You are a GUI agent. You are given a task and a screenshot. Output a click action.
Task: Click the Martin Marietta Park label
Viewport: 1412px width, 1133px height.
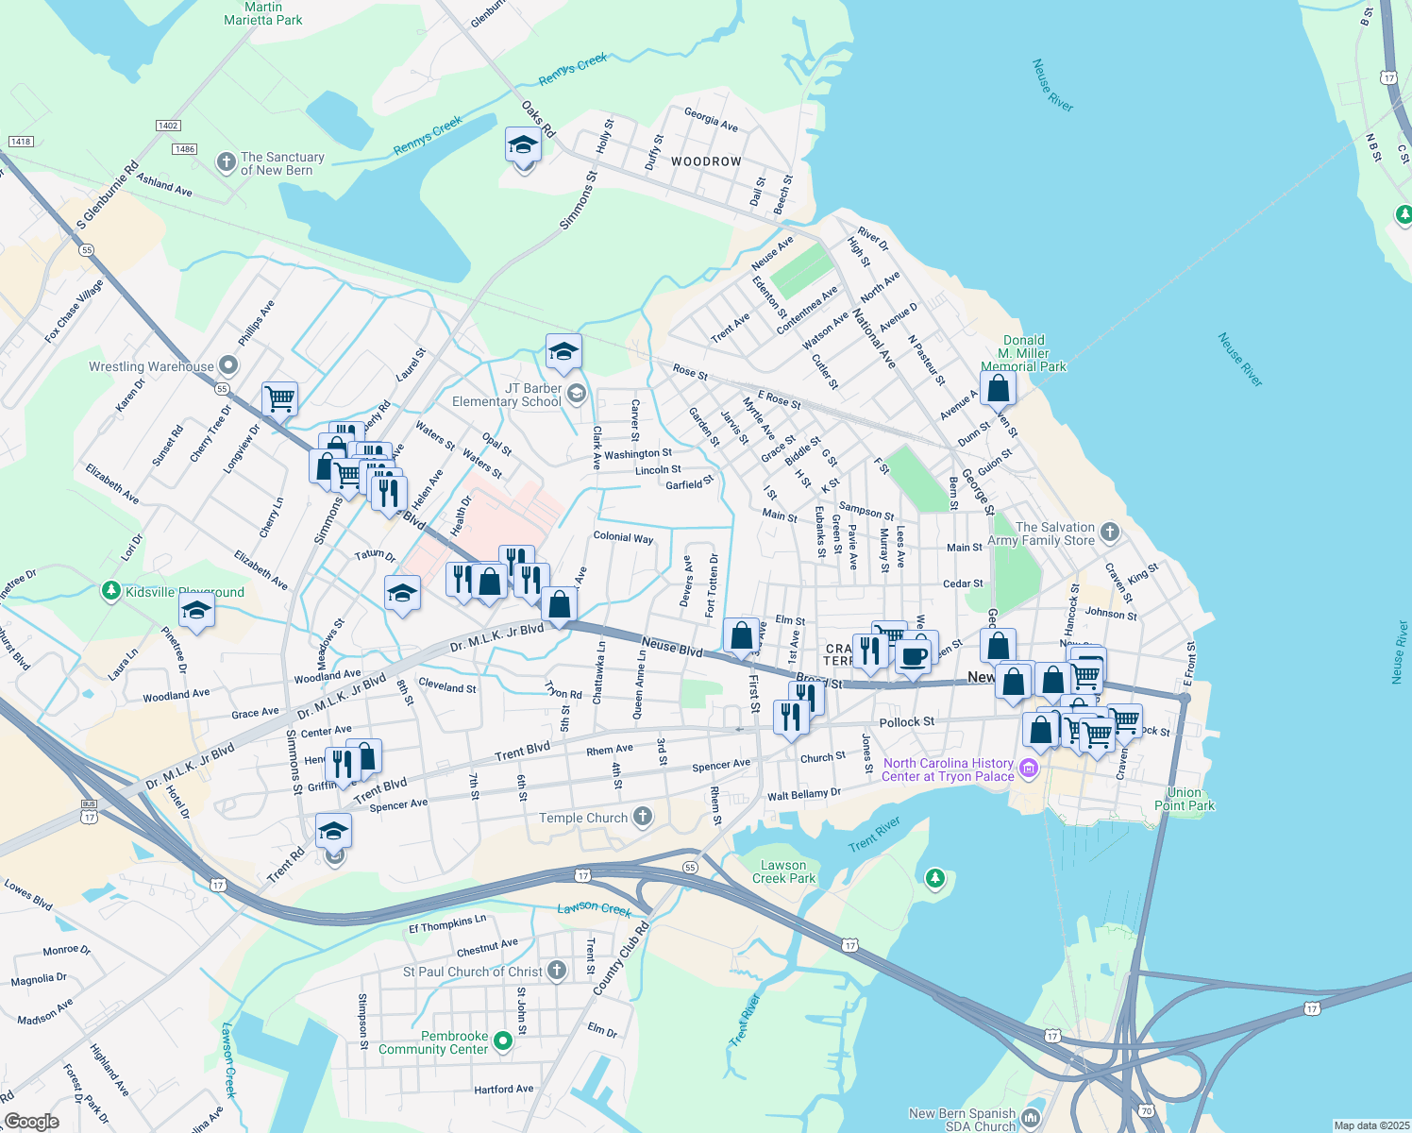pos(263,13)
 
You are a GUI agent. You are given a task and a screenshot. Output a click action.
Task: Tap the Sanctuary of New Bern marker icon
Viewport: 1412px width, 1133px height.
pos(226,162)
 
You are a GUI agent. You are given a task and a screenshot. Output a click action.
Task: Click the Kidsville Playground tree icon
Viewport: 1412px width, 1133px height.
pos(111,592)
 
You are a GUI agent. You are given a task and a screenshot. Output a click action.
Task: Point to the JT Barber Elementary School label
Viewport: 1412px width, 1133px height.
pos(507,395)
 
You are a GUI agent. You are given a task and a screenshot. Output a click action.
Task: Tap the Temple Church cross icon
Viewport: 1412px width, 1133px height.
pos(643,817)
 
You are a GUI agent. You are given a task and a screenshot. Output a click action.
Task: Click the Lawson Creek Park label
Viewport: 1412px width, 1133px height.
pos(783,871)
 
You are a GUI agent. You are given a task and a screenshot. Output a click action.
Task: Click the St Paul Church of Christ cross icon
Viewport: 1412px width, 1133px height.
pos(557,971)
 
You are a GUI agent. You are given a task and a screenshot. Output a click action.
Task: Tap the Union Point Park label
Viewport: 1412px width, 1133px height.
pos(1185,799)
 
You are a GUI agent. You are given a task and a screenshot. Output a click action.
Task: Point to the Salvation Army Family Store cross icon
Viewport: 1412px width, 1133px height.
pos(1110,533)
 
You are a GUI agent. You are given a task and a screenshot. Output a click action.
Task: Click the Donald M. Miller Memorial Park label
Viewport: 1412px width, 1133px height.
pos(1023,353)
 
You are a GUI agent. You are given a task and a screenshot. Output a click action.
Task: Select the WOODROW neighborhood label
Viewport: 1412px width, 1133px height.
pos(706,161)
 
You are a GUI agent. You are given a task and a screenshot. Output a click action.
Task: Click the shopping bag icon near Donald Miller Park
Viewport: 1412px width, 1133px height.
pos(998,388)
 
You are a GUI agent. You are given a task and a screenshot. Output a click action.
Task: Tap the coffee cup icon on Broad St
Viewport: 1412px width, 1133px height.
pos(913,655)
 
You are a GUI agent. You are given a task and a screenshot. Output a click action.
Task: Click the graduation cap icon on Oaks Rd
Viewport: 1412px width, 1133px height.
pos(523,146)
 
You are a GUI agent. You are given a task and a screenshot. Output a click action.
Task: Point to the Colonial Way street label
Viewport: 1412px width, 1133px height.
pos(623,537)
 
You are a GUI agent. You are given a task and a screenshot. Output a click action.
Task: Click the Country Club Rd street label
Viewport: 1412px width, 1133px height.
pos(621,958)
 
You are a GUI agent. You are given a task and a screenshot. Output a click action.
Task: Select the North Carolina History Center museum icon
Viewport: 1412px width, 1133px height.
pos(1029,769)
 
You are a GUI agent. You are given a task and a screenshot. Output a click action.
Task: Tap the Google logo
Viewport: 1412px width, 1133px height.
pos(32,1121)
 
